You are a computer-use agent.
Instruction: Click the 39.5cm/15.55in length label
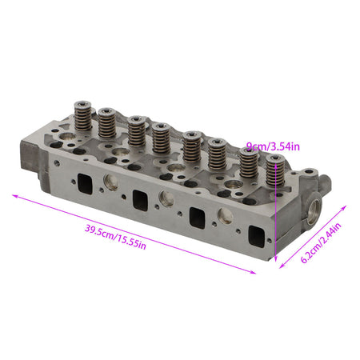[115, 237]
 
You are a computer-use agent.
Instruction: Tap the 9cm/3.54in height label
[273, 146]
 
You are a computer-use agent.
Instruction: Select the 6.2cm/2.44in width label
[321, 242]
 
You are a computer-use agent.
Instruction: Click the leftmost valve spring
[83, 116]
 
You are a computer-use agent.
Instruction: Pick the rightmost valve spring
[275, 170]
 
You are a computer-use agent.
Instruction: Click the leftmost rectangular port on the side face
[85, 184]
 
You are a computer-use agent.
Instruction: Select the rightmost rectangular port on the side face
[257, 237]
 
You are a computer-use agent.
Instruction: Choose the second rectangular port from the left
[140, 201]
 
